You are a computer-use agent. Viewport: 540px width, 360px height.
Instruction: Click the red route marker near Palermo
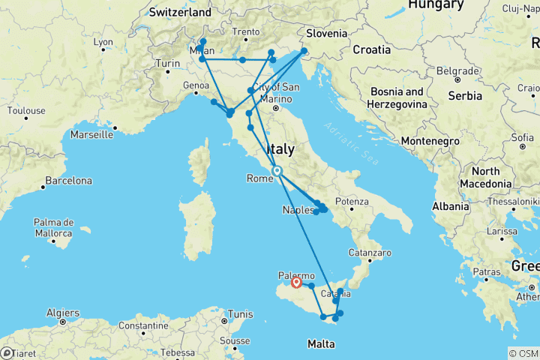(296, 283)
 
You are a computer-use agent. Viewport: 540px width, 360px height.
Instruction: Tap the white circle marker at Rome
(277, 171)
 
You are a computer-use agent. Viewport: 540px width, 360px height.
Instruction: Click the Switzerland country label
(180, 13)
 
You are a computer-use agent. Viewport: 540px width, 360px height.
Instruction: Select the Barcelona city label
(67, 181)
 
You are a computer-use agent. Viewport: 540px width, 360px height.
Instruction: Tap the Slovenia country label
(327, 33)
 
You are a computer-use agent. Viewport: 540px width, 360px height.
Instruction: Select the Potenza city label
(352, 201)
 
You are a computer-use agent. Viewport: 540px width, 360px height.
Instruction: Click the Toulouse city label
(26, 110)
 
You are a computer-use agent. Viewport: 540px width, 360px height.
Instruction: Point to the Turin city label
(168, 64)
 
